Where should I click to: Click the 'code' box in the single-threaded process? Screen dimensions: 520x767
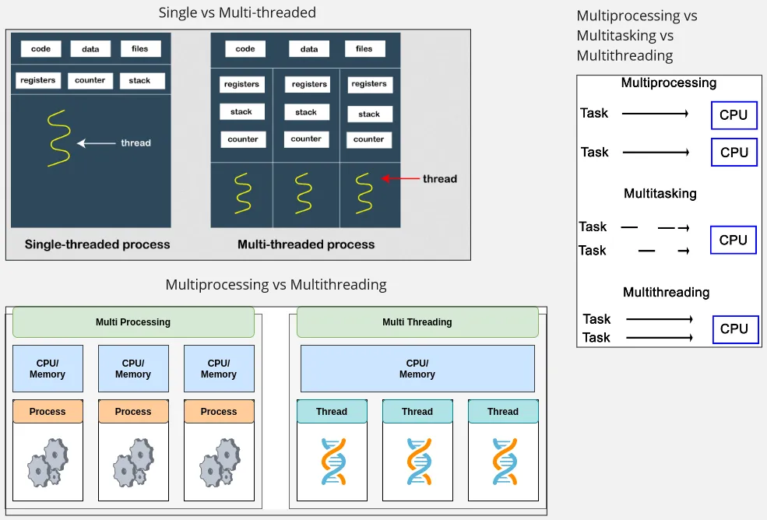(40, 49)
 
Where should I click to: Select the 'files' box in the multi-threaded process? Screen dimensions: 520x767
(364, 49)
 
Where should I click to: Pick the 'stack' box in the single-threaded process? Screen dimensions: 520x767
(140, 80)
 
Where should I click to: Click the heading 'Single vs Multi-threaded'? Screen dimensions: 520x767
(237, 12)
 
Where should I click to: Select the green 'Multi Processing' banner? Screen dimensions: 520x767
(133, 321)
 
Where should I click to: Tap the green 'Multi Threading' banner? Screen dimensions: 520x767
(417, 321)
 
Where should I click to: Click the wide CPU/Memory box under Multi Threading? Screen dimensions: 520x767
(417, 368)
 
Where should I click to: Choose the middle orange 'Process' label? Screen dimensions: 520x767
(133, 411)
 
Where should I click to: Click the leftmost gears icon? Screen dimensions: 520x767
(47, 462)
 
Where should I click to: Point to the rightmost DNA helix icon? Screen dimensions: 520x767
(503, 462)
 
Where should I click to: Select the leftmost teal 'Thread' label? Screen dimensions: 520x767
(332, 411)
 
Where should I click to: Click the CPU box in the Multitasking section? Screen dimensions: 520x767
(734, 240)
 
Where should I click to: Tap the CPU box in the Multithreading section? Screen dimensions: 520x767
(734, 329)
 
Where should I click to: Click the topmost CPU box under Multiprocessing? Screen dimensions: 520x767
(734, 115)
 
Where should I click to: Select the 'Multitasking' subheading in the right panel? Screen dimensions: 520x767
(660, 193)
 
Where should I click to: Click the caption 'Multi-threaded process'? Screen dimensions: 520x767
(306, 244)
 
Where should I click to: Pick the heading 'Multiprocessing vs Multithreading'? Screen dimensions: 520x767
(276, 284)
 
